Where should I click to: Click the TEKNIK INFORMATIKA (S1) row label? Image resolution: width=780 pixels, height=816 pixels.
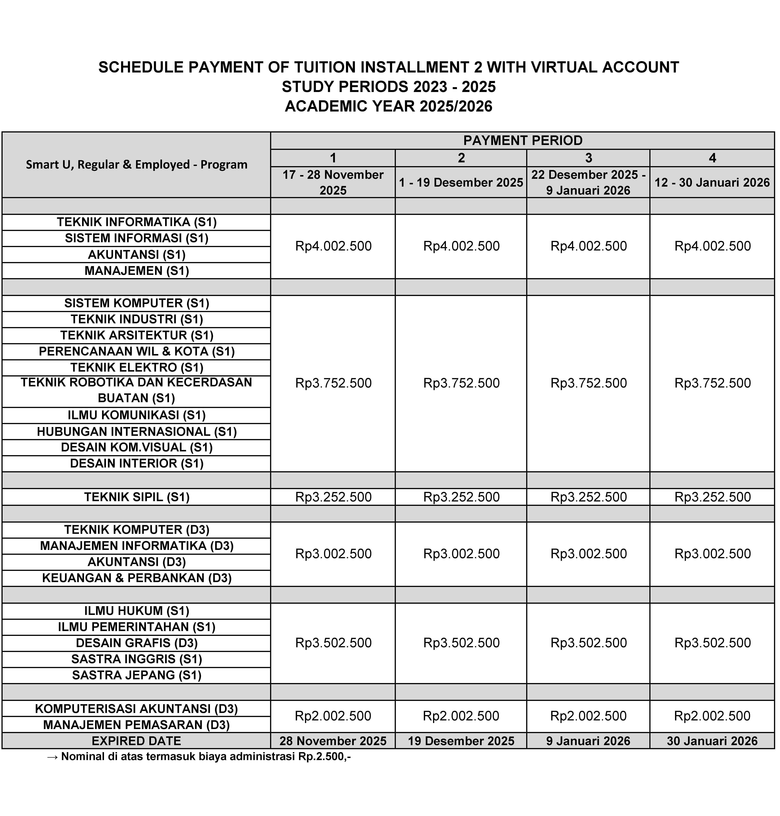coord(137,222)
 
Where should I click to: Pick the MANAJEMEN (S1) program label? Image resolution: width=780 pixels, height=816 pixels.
coord(137,271)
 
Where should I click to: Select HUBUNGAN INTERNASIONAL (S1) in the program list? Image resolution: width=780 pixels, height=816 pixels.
coord(137,432)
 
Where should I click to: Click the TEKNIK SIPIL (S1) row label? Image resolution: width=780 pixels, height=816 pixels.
coord(137,497)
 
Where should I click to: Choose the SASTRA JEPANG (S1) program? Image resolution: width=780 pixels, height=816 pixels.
coord(137,675)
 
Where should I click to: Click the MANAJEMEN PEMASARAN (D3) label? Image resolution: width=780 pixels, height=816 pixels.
coord(137,725)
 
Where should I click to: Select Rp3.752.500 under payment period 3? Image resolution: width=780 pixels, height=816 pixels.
coord(588,383)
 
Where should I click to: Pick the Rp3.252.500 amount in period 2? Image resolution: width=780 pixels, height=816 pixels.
coord(461,497)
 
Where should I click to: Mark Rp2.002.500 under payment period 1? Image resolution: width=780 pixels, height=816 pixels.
coord(333,716)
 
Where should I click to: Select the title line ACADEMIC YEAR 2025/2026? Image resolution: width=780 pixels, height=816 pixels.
coord(388,106)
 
